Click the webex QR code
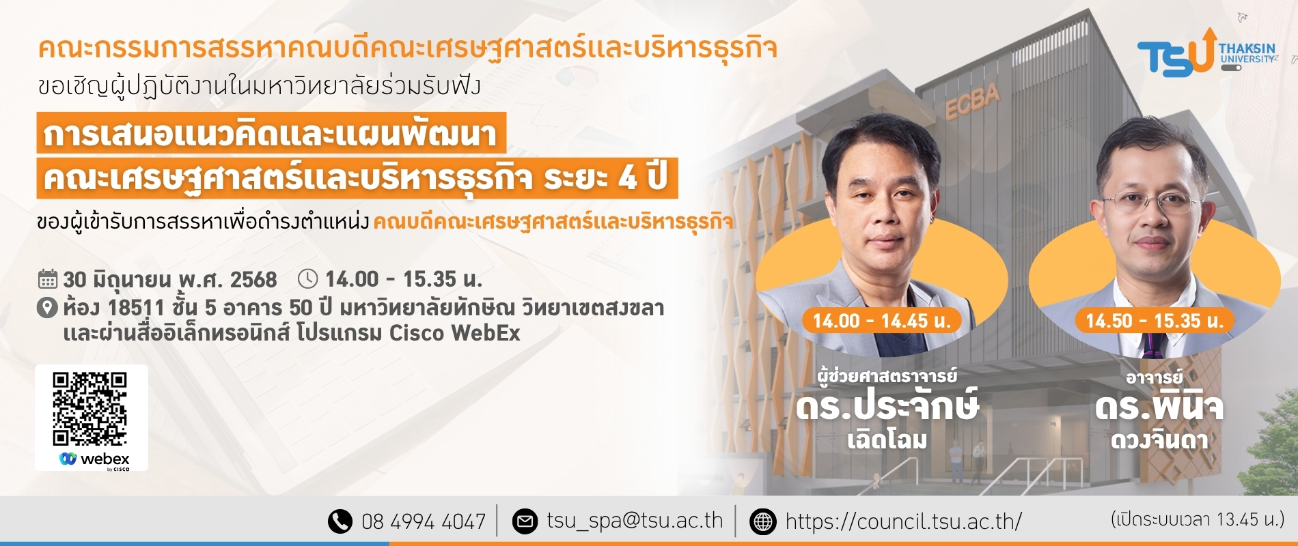click(x=89, y=408)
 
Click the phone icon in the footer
click(x=340, y=521)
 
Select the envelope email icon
click(x=525, y=521)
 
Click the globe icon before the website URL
click(x=762, y=521)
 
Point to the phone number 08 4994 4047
click(x=424, y=522)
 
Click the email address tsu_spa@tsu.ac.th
click(x=635, y=521)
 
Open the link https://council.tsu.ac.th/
click(x=903, y=522)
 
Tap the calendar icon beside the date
click(x=48, y=279)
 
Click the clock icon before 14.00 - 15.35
click(x=308, y=278)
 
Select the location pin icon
click(x=46, y=308)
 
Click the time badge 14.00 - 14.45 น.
click(x=882, y=321)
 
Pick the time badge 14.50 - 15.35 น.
click(x=1155, y=321)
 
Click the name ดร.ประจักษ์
click(x=887, y=406)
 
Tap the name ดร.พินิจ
click(x=1159, y=406)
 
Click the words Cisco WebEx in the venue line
click(x=455, y=333)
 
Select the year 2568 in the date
click(x=253, y=280)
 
